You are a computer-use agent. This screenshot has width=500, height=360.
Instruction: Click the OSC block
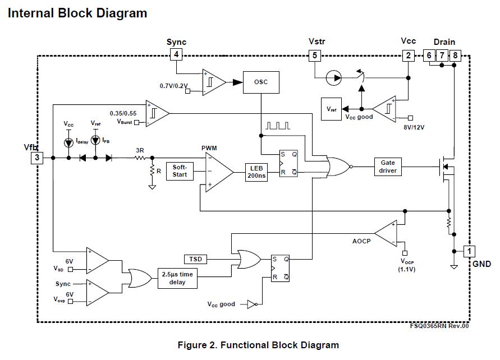[261, 82]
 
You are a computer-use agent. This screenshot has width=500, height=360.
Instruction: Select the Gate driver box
[388, 167]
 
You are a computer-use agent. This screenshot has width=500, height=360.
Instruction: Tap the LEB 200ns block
[257, 172]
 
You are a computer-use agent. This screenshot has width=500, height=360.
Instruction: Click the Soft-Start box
[180, 171]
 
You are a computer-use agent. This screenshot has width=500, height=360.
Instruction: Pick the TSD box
[196, 259]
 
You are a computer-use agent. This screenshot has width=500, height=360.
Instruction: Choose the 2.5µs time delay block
[177, 278]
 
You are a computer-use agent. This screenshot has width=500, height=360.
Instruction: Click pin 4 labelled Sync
[176, 54]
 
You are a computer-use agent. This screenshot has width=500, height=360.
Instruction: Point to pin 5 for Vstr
[315, 55]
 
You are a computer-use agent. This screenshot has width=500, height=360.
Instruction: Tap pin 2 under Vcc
[408, 55]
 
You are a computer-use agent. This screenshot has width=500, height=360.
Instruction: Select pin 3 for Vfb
[37, 158]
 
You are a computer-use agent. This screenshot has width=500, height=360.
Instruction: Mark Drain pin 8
[455, 55]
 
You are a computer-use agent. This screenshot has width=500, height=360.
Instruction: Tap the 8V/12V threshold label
[414, 127]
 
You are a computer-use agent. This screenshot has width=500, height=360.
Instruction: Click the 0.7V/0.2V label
[173, 85]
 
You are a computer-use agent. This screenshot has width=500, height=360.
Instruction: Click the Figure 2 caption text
[258, 345]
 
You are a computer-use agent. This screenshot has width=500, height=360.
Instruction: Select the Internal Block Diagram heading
[77, 13]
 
